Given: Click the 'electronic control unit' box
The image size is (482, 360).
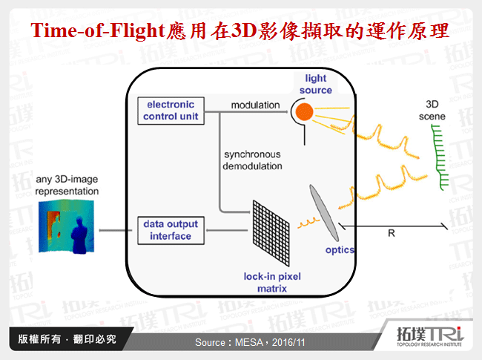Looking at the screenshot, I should [171, 110].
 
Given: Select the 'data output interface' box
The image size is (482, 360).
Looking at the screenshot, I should [171, 230].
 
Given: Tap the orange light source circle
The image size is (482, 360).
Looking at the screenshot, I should [303, 112].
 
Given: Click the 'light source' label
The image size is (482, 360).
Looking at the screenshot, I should [316, 84].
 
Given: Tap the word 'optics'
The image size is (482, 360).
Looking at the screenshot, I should [339, 250].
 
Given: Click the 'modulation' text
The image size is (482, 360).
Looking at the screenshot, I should [255, 105].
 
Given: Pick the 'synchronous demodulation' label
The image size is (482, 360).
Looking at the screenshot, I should [253, 160].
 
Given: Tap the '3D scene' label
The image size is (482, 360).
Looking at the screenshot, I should [437, 109].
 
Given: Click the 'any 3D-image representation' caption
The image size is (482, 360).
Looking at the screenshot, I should [67, 186].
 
